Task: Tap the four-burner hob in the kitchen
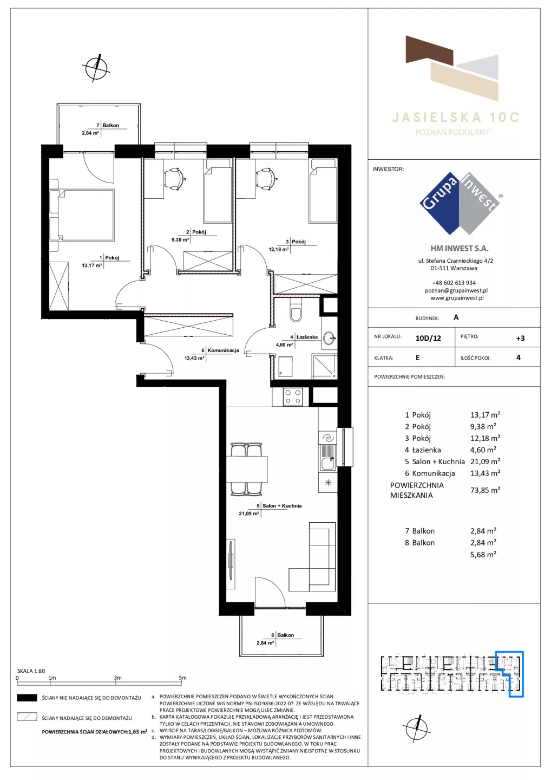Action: click(x=292, y=396)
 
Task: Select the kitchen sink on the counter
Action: click(x=327, y=457)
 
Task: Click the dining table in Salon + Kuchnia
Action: click(x=247, y=469)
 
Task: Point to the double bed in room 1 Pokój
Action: click(x=82, y=215)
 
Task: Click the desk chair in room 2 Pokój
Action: click(x=173, y=178)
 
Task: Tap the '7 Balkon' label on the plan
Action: click(x=108, y=125)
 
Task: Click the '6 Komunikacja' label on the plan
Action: click(x=220, y=350)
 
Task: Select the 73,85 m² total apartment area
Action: click(x=485, y=490)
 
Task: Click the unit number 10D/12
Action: click(x=428, y=338)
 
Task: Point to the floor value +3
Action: click(x=520, y=338)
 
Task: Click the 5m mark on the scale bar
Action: click(x=182, y=678)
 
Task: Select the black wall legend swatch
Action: click(x=27, y=698)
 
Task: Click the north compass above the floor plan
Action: click(x=96, y=68)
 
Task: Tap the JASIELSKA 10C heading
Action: click(x=455, y=118)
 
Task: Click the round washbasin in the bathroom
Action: click(x=329, y=337)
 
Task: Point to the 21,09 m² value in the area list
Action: click(x=485, y=461)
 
